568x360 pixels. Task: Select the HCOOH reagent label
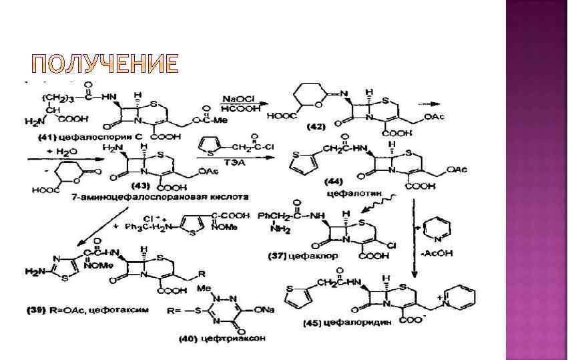[236, 110]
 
